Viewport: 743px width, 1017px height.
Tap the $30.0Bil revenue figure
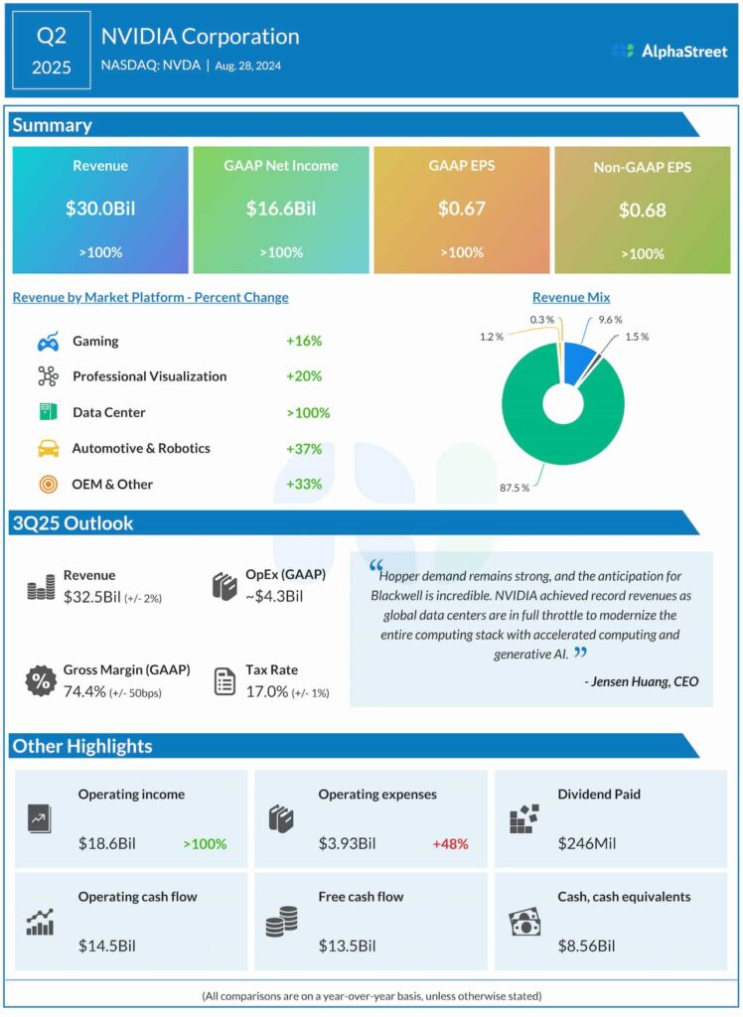pos(99,210)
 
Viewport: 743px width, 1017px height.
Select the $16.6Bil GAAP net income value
pos(280,210)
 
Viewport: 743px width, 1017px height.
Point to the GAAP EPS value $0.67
pos(461,210)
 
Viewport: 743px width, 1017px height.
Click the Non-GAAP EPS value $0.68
pos(643,211)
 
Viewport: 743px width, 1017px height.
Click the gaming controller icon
pos(47,342)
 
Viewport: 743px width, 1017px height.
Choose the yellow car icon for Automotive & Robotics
pos(47,448)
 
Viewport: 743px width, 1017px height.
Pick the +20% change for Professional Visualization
pos(304,376)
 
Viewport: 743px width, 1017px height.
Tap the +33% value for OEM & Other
pos(304,484)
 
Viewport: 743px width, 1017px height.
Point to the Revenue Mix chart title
pos(571,297)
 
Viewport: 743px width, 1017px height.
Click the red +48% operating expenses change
pos(450,844)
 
